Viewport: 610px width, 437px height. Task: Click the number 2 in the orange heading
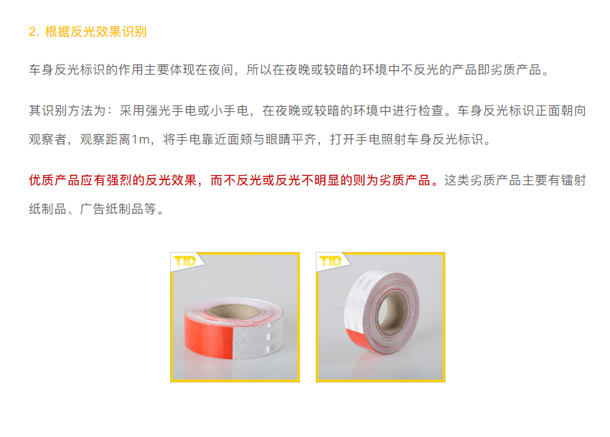tap(32, 32)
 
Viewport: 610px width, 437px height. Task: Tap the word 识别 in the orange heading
tap(134, 32)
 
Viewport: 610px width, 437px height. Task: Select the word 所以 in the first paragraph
tap(259, 70)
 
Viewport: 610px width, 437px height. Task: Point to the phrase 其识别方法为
tap(67, 111)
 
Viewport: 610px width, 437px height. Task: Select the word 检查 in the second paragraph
tap(431, 111)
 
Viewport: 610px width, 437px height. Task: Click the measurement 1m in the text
tap(141, 139)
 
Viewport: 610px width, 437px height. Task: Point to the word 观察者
tap(48, 139)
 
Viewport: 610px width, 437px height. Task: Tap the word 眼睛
tap(278, 139)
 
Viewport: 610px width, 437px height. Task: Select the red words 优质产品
tap(55, 180)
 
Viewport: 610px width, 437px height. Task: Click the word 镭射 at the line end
tap(573, 180)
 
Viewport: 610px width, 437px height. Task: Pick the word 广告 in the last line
tap(93, 209)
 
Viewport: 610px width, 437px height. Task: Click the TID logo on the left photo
tap(184, 260)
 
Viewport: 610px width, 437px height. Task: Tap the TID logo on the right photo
tap(330, 260)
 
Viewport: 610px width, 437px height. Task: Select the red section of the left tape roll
tap(208, 337)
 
